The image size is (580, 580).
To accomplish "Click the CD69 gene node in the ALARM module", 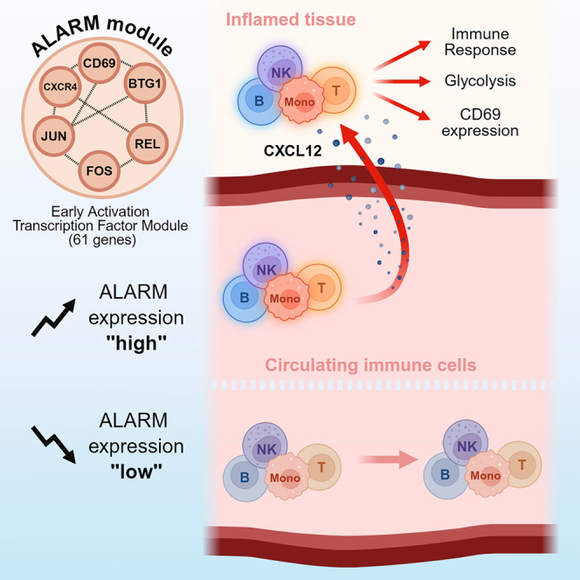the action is click(x=99, y=63).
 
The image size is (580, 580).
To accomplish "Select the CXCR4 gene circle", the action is click(x=60, y=87).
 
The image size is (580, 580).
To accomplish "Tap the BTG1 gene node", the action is click(x=145, y=83).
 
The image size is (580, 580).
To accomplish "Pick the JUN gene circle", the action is click(x=54, y=136).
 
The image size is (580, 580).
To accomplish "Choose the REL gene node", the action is click(x=148, y=143).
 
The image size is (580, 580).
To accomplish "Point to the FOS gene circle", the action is click(x=99, y=170).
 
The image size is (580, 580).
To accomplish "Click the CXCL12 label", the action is click(x=293, y=151).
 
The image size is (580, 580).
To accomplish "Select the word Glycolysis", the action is click(x=480, y=80).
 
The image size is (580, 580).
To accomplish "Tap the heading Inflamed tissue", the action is click(x=291, y=19).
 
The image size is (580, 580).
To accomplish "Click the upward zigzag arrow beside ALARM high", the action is click(x=53, y=318).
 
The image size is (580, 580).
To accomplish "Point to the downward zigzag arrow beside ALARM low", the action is click(x=53, y=445).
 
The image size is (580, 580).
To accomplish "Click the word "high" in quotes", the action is click(x=136, y=343).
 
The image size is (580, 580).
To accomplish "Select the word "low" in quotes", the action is click(x=136, y=472).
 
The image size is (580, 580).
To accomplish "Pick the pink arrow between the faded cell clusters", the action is click(x=388, y=459).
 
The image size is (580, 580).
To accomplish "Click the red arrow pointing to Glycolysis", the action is click(x=402, y=81).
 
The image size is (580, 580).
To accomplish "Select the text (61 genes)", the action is click(x=102, y=240).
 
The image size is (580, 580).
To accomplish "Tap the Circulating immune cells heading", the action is click(x=370, y=365).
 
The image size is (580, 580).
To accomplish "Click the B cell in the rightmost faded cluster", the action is click(x=445, y=474).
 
